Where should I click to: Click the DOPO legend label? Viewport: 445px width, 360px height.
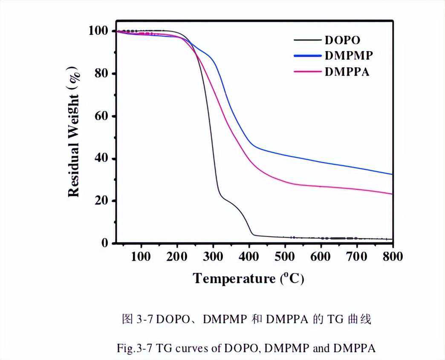(342, 41)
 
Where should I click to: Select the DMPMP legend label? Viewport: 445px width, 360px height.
(349, 56)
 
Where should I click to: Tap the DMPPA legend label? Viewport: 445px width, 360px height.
(347, 71)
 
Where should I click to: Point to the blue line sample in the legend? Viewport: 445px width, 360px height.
(307, 56)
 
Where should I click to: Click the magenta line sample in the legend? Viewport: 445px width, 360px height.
(307, 71)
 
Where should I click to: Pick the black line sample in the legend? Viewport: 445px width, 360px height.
(307, 41)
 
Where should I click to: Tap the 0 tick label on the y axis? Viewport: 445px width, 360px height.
(105, 244)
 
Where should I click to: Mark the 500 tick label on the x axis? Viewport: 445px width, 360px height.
(284, 257)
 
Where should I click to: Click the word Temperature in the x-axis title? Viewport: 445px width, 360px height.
(234, 279)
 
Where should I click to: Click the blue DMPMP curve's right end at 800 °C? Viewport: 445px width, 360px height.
(391, 174)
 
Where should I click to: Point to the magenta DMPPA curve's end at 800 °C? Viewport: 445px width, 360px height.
(391, 194)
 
